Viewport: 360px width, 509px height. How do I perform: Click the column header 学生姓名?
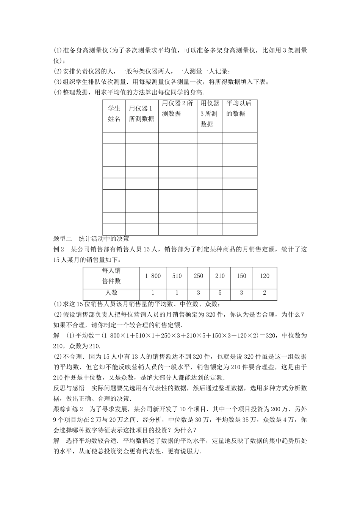pyautogui.click(x=114, y=113)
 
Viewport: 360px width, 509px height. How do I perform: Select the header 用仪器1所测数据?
pyautogui.click(x=141, y=113)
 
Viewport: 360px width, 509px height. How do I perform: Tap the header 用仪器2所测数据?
pyautogui.click(x=177, y=108)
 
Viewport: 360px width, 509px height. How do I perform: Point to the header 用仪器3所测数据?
pyautogui.click(x=210, y=113)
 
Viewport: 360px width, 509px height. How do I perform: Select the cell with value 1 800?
pyautogui.click(x=153, y=276)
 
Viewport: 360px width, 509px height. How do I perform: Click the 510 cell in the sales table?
pyautogui.click(x=177, y=276)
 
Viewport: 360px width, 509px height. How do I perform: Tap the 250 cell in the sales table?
pyautogui.click(x=199, y=276)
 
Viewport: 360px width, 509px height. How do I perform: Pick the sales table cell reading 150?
pyautogui.click(x=241, y=276)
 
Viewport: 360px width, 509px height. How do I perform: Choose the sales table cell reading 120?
pyautogui.click(x=265, y=276)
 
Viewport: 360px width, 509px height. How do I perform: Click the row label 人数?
pyautogui.click(x=111, y=292)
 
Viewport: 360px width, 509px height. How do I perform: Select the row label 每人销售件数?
pyautogui.click(x=111, y=276)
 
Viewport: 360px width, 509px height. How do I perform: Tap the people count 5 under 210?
pyautogui.click(x=220, y=292)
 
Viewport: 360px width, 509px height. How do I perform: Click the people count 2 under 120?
pyautogui.click(x=265, y=292)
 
